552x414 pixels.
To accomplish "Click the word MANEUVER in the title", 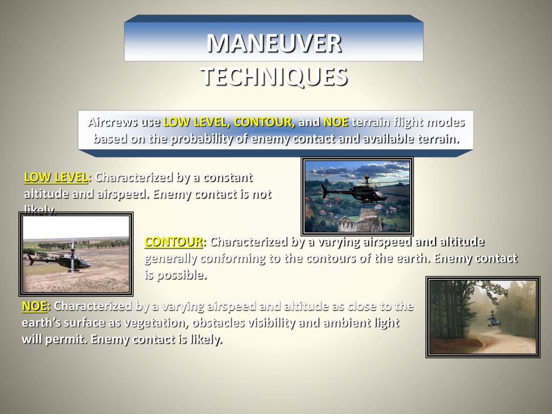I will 274,44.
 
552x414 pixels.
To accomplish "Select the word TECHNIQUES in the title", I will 274,77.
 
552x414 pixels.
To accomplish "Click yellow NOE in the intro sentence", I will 335,122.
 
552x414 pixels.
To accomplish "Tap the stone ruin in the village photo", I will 363,221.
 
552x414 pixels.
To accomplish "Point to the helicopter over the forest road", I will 493,319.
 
